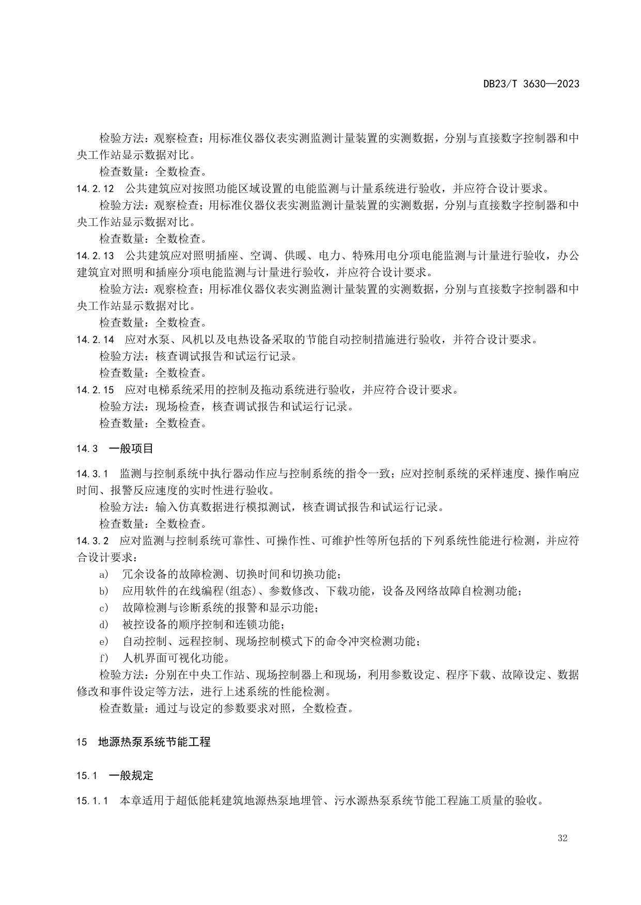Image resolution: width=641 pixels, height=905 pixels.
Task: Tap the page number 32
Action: click(562, 838)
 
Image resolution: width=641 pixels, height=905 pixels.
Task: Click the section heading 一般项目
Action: click(131, 448)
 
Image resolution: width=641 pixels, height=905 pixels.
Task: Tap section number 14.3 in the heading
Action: click(87, 449)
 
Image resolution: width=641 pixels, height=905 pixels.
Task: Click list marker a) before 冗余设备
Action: click(104, 575)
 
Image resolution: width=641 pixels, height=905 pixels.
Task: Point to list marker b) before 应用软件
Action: click(104, 591)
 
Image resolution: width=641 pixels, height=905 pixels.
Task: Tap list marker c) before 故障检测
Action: click(104, 608)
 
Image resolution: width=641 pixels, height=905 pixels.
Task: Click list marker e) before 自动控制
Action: click(104, 642)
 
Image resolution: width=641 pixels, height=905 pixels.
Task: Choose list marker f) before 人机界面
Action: click(104, 658)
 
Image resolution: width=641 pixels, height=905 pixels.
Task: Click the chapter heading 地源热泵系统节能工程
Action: click(154, 742)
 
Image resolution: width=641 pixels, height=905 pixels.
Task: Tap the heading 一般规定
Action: click(131, 775)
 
